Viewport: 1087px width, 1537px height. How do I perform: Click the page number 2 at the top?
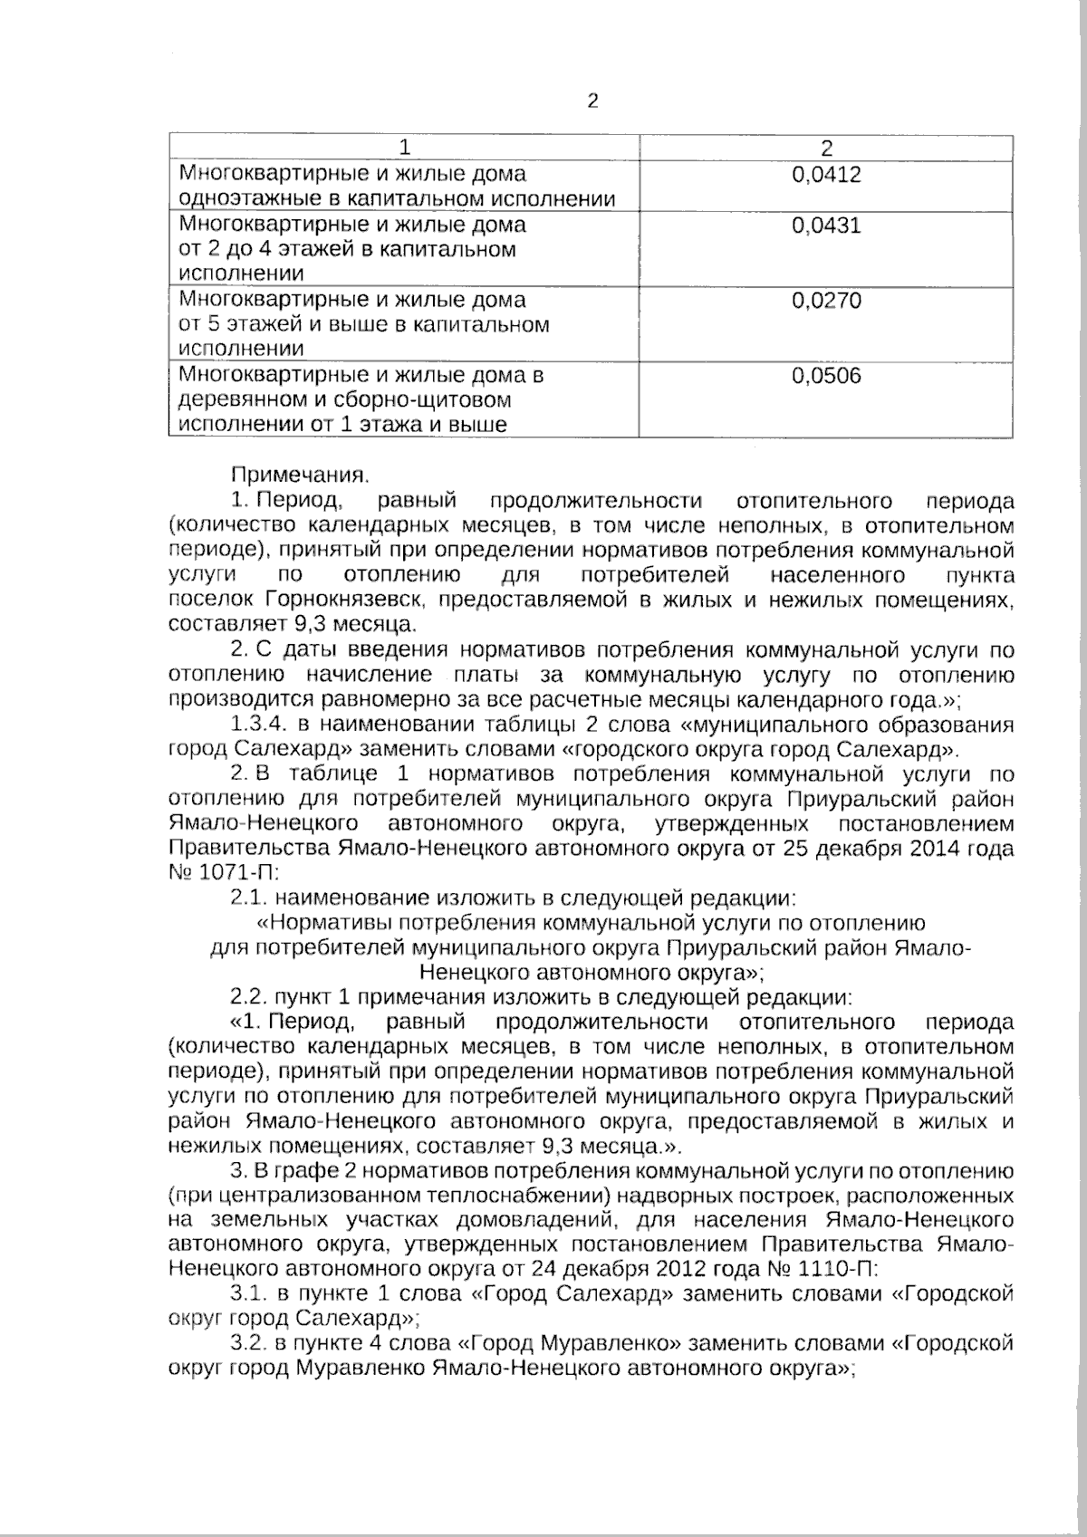click(593, 101)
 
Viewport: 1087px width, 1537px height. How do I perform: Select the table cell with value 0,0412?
click(825, 175)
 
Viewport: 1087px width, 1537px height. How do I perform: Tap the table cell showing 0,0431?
click(825, 225)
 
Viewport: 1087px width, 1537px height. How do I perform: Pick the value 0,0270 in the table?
click(825, 300)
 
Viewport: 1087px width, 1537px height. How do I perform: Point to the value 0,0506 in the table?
click(825, 375)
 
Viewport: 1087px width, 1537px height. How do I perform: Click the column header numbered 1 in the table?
click(405, 148)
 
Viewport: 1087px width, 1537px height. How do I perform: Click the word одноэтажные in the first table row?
click(237, 199)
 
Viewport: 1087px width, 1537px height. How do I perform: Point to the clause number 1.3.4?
click(258, 725)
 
